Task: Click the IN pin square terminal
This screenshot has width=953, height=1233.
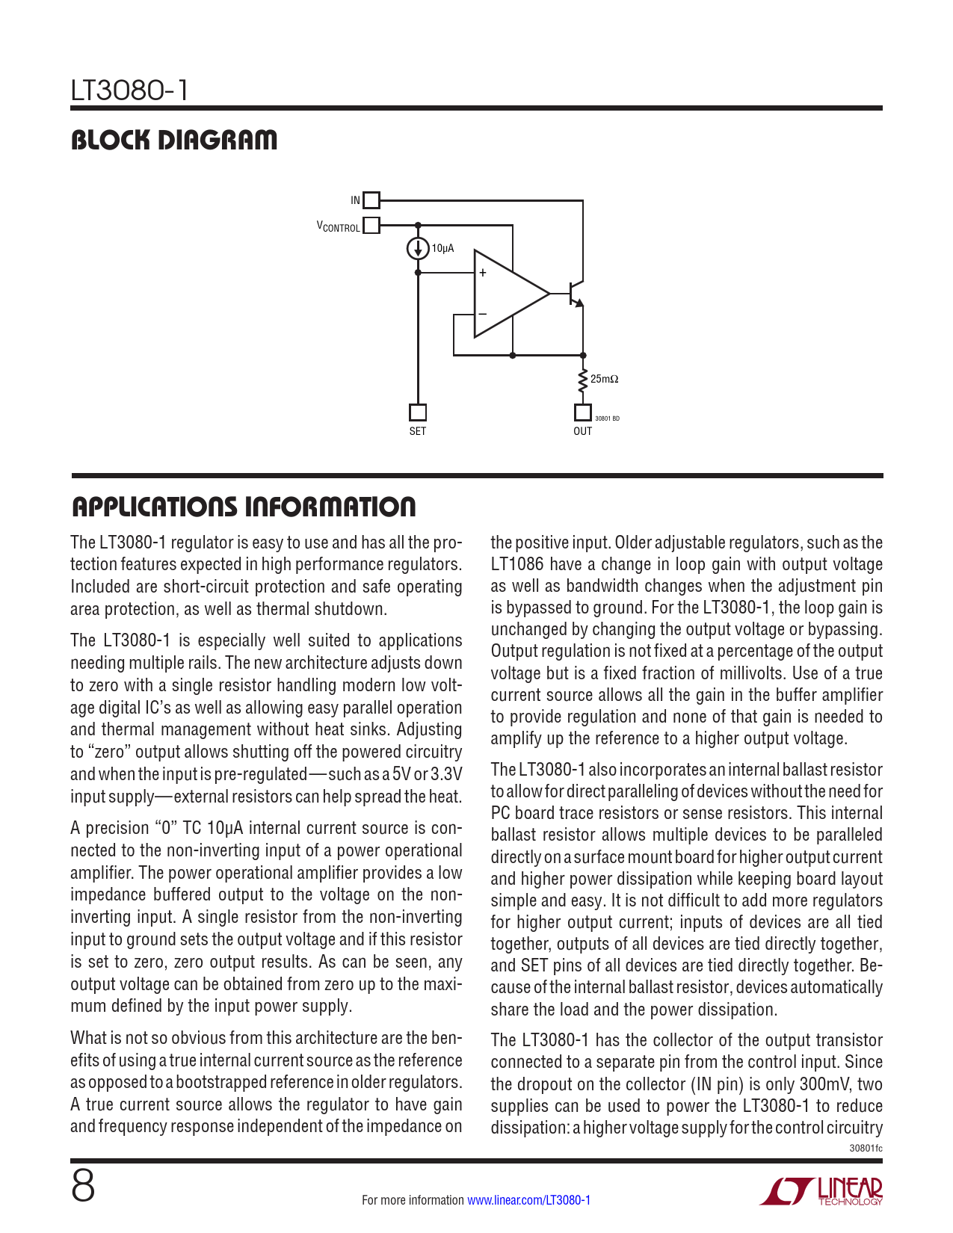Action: point(371,200)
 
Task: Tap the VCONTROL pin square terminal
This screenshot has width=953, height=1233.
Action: point(371,226)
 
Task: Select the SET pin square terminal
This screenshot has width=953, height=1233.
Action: point(418,412)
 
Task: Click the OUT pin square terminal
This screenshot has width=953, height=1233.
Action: point(582,412)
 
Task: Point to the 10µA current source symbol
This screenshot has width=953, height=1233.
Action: point(418,248)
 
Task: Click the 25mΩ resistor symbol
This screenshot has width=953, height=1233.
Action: point(582,381)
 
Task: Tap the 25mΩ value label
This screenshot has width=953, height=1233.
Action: point(604,380)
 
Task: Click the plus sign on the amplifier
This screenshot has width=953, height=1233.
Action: point(483,274)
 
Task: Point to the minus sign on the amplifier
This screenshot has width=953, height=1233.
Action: point(483,313)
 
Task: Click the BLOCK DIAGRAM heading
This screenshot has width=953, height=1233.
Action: point(173,140)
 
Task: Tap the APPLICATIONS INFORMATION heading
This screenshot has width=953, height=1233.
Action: point(244,507)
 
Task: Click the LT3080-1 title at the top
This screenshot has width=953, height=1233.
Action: point(129,91)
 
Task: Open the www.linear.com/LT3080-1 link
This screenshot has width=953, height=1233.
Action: point(528,1200)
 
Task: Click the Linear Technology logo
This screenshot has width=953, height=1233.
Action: point(822,1191)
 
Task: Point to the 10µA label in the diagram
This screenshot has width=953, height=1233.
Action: point(443,248)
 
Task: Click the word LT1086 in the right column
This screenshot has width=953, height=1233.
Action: point(517,565)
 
